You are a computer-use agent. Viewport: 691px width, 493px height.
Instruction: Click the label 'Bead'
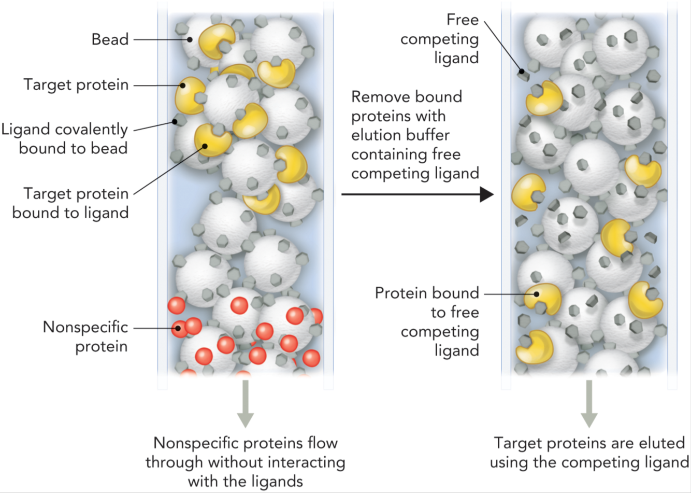[110, 39]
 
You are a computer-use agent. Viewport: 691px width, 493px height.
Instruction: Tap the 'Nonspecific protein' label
[85, 336]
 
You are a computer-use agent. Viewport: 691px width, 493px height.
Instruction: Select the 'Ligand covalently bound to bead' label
[65, 138]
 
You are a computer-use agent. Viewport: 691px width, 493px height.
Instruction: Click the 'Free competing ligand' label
[440, 39]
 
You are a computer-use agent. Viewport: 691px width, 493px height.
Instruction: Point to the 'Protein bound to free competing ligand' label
[427, 321]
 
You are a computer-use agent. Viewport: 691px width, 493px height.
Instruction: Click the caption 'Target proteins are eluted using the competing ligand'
[589, 453]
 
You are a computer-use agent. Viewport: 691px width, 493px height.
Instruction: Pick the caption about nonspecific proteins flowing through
[245, 462]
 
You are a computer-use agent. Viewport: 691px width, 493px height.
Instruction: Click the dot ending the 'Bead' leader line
[190, 39]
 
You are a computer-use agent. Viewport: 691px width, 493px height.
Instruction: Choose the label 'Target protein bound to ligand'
[70, 203]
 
